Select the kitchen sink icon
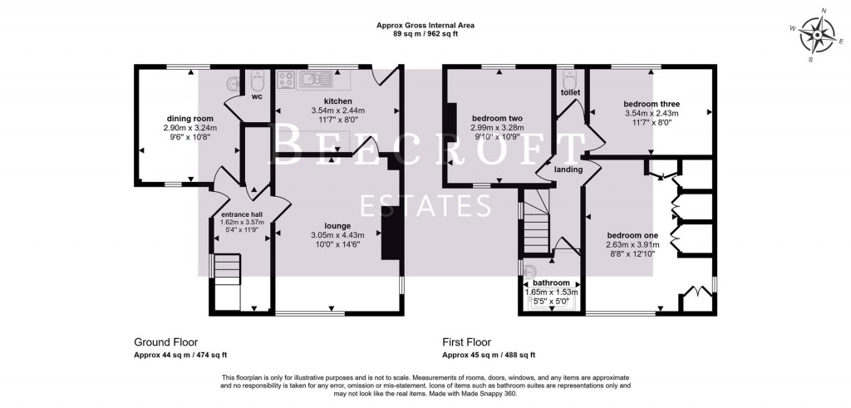pos(317,80)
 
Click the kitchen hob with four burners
pos(287,80)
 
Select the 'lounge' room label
pos(337,225)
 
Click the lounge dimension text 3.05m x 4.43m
pos(337,234)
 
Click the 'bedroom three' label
pos(652,104)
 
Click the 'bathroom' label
pos(551,283)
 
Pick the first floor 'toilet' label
pos(570,92)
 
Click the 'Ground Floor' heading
pos(165,342)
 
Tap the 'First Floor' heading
pos(467,342)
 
